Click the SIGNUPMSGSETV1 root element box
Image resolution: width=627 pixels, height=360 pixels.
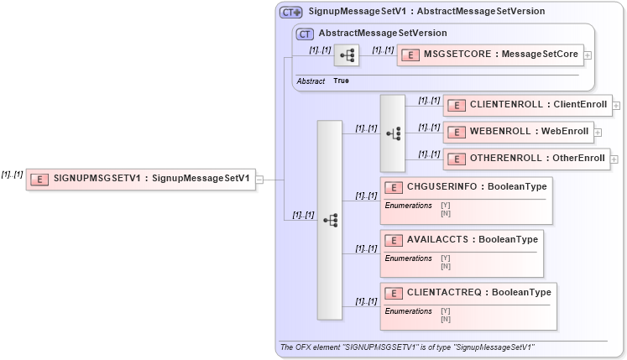[x=140, y=179]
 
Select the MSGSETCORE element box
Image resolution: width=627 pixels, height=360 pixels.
[x=489, y=55]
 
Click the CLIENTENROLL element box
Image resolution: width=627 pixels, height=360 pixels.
[x=527, y=106]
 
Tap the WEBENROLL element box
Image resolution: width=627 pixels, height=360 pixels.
[x=518, y=132]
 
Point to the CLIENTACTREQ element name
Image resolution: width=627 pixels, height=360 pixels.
[x=478, y=293]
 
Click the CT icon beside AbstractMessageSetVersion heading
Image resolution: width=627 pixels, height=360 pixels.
[x=306, y=34]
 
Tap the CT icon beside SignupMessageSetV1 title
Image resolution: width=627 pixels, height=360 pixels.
[x=290, y=12]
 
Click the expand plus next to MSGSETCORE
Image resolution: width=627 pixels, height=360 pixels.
[x=587, y=55]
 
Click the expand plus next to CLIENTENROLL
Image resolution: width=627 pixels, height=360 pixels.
[x=617, y=106]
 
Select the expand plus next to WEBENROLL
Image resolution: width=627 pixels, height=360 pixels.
[x=598, y=132]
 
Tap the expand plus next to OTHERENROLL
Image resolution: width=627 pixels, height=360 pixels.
[x=615, y=158]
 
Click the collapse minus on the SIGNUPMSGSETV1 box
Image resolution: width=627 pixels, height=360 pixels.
[x=260, y=179]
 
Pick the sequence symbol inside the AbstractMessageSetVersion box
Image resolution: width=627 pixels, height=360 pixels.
[x=347, y=55]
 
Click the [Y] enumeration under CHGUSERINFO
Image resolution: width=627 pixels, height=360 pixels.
[x=445, y=205]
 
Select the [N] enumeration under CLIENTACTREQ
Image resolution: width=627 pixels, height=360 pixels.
[x=445, y=319]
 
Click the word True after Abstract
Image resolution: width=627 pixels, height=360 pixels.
[x=341, y=81]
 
